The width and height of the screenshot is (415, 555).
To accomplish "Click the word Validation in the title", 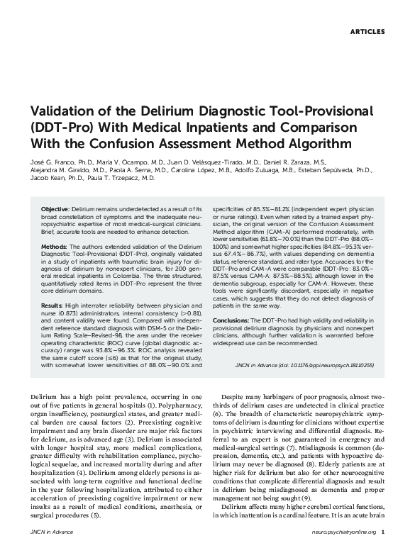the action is pyautogui.click(x=67, y=113).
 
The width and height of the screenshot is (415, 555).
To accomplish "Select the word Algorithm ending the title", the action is pyautogui.click(x=322, y=145).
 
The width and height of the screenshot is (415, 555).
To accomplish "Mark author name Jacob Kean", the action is pyautogui.click(x=45, y=179).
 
